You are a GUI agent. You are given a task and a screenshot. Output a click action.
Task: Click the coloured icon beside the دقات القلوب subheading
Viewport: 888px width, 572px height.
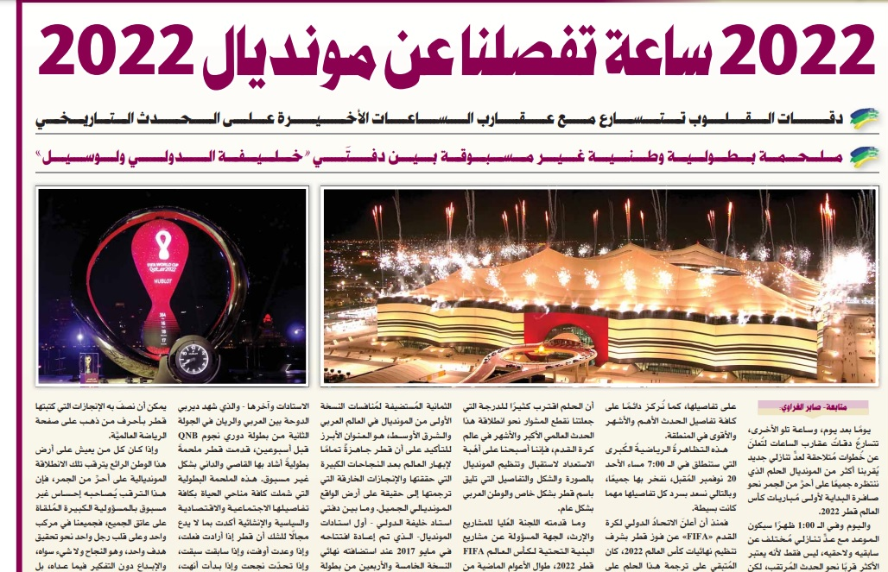864,117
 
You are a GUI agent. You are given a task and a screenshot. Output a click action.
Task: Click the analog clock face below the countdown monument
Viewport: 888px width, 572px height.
187,356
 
